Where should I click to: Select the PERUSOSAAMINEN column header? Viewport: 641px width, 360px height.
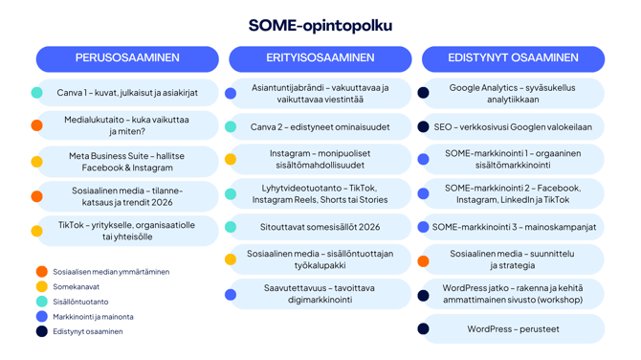tap(127, 58)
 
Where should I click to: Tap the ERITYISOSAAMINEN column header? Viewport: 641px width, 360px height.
tap(320, 58)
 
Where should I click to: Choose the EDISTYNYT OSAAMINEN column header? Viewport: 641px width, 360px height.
tap(513, 58)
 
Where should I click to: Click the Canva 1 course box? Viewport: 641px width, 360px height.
tap(127, 93)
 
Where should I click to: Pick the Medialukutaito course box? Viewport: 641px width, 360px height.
tap(127, 125)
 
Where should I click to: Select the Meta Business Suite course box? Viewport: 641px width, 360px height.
tap(127, 161)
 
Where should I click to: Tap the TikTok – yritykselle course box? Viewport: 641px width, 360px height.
tap(127, 231)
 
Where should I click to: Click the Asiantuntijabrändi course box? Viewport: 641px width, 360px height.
tap(320, 93)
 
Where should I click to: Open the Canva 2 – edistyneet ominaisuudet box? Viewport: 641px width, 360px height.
tap(320, 126)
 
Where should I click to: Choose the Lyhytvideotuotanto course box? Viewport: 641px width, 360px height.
tap(320, 193)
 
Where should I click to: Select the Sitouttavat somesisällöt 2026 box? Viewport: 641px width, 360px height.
tap(320, 228)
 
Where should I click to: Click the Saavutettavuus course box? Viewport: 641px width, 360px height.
tap(320, 293)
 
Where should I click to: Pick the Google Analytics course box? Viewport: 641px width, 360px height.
tap(513, 93)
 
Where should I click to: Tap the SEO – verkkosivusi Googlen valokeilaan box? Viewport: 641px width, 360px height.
tap(513, 126)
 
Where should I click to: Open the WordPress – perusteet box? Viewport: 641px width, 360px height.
tap(513, 328)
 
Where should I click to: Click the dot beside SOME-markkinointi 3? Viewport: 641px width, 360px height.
tap(424, 228)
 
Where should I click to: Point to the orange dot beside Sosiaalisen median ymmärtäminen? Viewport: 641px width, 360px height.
tap(41, 272)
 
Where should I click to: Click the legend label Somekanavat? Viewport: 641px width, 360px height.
tap(76, 286)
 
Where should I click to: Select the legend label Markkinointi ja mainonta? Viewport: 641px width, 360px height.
tap(93, 316)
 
